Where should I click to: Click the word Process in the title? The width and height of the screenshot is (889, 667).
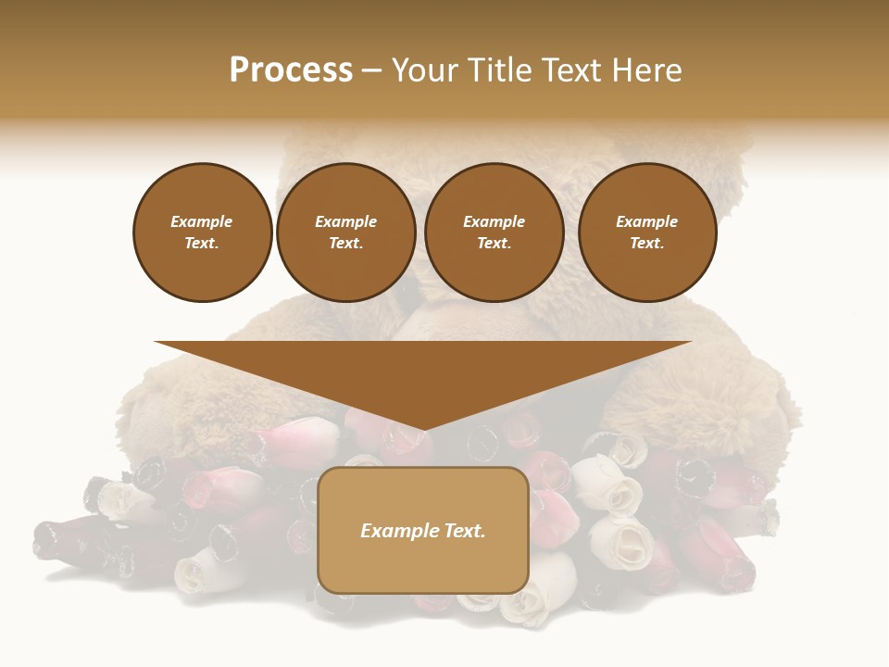click(x=291, y=70)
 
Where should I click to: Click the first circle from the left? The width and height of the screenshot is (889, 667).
click(x=202, y=233)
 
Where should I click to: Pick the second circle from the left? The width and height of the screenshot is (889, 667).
click(x=346, y=233)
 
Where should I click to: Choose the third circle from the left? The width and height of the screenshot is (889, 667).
click(x=494, y=233)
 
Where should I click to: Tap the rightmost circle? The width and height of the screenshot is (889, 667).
click(x=647, y=233)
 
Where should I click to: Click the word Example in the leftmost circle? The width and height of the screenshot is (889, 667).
click(x=202, y=222)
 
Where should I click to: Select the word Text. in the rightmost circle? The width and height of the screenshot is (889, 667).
click(x=647, y=244)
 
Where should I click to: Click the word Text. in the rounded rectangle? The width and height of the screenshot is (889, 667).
click(x=464, y=531)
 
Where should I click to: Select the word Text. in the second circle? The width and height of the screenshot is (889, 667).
click(x=346, y=244)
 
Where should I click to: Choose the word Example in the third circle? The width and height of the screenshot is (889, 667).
click(x=494, y=222)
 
